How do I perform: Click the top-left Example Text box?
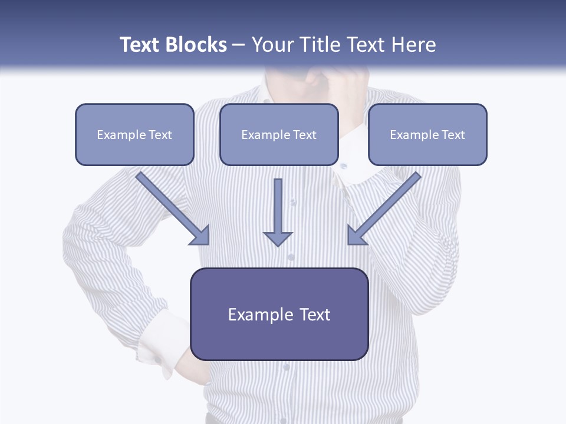[134, 134]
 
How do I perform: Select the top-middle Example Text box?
[279, 134]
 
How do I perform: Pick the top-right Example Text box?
[427, 134]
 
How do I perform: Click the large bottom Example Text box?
[279, 314]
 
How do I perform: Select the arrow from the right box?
[386, 206]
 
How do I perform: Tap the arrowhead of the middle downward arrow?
[278, 238]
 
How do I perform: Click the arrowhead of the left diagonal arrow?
[200, 236]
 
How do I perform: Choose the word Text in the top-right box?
[453, 135]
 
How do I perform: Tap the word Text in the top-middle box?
[305, 135]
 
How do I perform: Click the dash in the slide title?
[239, 45]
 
